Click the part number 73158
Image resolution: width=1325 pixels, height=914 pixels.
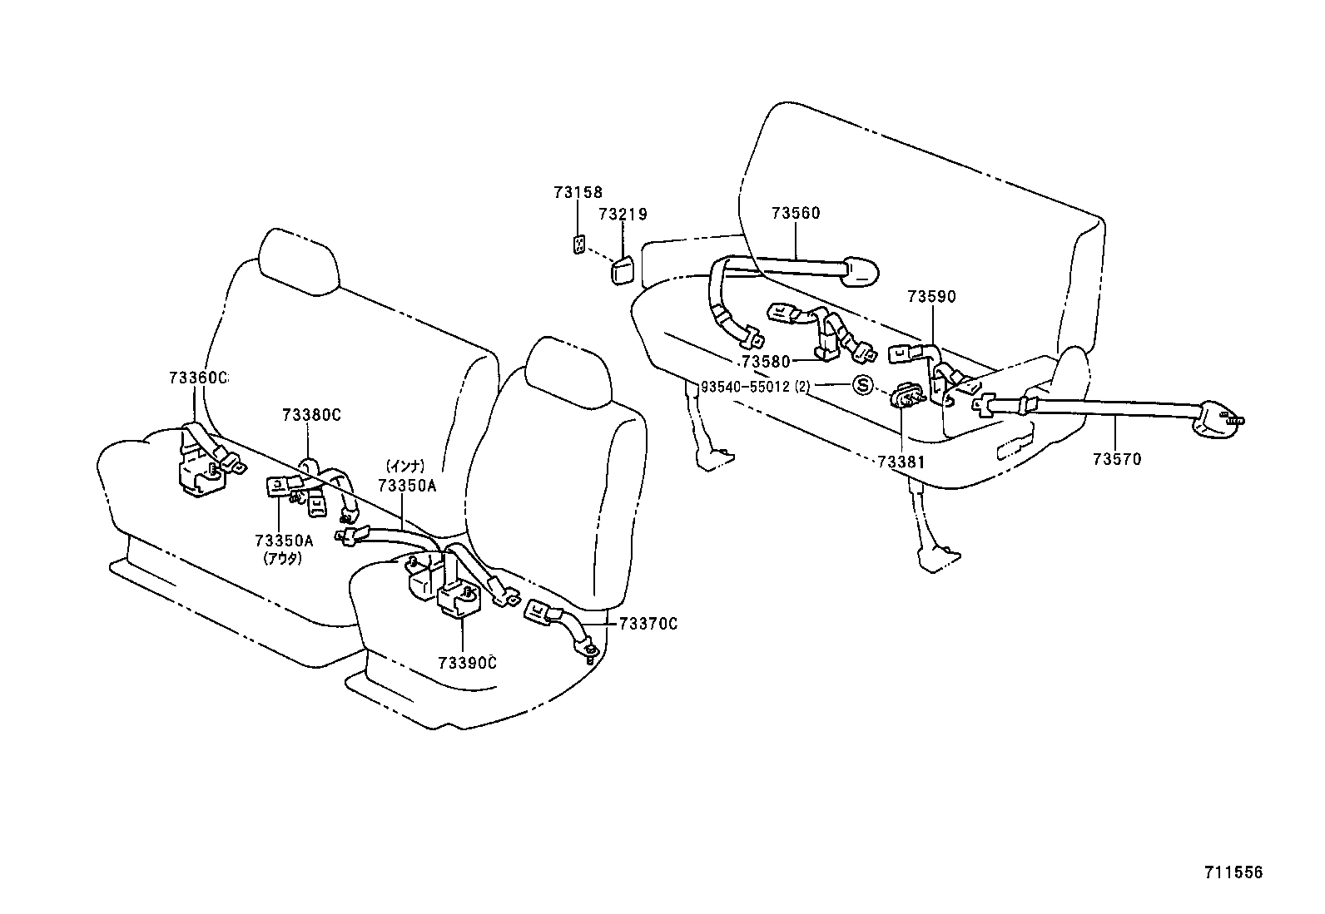(578, 192)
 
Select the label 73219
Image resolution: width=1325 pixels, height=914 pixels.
(623, 214)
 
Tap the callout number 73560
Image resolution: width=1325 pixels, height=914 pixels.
(796, 213)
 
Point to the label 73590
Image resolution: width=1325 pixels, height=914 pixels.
(931, 296)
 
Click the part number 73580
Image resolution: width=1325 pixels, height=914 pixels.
(766, 362)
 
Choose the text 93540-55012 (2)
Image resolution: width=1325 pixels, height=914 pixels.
(755, 386)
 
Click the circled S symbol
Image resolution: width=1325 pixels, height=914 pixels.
(863, 385)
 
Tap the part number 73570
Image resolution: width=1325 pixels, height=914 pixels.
(1117, 458)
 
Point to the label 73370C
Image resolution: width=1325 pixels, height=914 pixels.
(648, 624)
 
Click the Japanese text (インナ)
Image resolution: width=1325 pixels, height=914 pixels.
(406, 467)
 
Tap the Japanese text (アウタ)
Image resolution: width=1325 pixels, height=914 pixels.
(283, 558)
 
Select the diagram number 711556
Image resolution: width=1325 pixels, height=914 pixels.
(1233, 872)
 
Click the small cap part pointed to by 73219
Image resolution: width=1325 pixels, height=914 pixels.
(621, 272)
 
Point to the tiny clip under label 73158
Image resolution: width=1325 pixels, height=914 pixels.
(578, 244)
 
